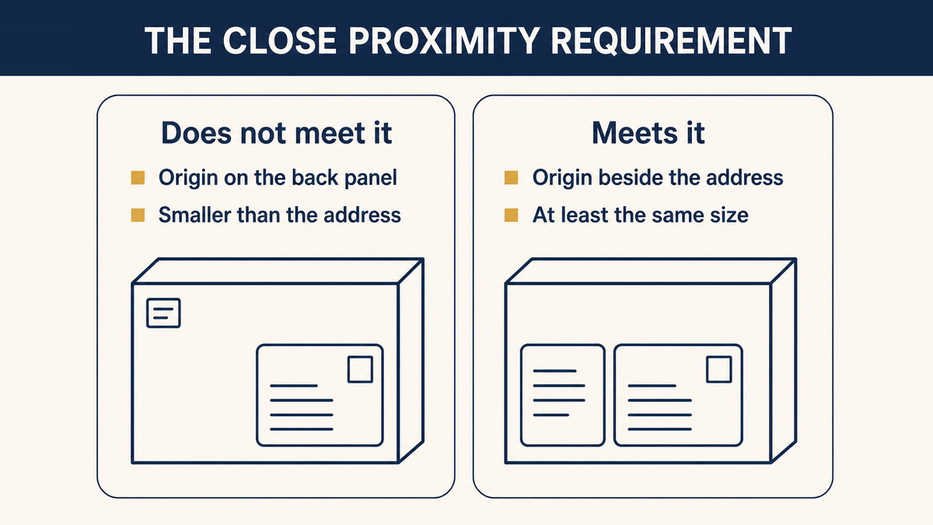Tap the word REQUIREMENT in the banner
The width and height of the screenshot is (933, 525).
(672, 40)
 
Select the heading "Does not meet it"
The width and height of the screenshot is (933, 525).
(276, 133)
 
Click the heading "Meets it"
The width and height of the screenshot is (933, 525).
(648, 133)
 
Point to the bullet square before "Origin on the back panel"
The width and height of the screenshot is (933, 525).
(138, 177)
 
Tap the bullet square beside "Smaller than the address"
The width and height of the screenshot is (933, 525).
(138, 215)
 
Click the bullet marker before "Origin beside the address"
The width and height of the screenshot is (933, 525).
(511, 177)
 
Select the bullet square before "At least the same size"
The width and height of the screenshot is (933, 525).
(511, 215)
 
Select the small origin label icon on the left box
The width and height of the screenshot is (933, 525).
(163, 313)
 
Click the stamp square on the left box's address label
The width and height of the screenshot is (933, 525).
(360, 369)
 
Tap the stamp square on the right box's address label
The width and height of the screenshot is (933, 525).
(719, 369)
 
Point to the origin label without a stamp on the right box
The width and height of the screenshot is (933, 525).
(563, 395)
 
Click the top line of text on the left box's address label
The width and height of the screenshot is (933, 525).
(294, 386)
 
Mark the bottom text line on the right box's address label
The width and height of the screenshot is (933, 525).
(660, 429)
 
